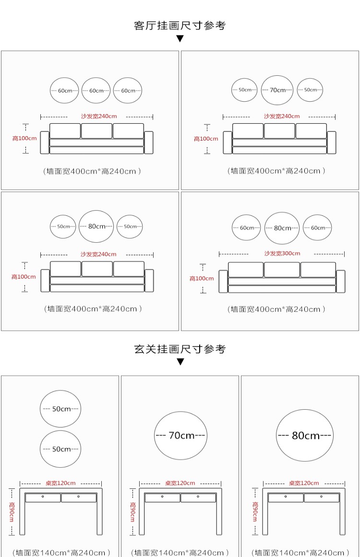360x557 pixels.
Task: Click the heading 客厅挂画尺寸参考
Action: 180,25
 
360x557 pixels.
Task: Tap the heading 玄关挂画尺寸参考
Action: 180,349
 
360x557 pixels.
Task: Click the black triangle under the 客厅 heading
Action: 180,39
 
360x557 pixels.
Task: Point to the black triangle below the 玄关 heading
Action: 180,362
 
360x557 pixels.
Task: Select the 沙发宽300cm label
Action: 282,253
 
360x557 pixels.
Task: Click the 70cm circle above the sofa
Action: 277,90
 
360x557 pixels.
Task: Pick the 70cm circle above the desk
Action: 180,436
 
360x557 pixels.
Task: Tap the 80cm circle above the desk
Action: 305,436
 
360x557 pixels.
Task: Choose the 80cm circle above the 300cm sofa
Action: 282,228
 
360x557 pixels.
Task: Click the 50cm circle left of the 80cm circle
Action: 63,226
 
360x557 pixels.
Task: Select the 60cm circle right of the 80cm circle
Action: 317,228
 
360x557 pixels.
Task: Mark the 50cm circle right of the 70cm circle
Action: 310,90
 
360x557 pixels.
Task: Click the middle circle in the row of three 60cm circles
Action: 96,91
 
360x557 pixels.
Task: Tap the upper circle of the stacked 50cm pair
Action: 60,409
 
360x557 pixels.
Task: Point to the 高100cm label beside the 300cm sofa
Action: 202,278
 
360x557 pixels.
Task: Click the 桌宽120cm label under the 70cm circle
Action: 180,483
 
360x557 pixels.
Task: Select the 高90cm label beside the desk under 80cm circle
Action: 255,512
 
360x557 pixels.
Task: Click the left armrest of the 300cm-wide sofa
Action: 223,282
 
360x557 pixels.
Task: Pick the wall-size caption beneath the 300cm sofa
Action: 276,309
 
